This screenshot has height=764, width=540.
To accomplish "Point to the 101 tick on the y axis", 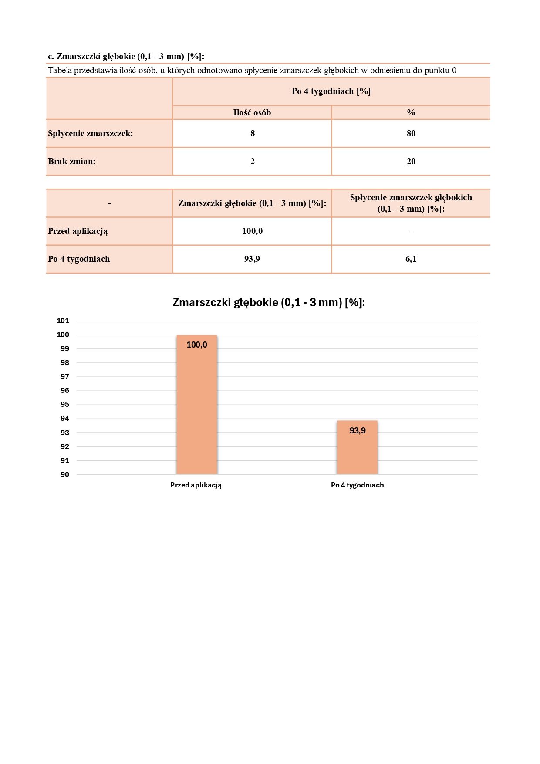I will pos(63,321).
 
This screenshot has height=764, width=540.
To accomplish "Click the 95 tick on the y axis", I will pos(64,405).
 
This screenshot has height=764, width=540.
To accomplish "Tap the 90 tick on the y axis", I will pos(64,474).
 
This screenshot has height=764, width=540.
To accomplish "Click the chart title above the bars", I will pos(269,302).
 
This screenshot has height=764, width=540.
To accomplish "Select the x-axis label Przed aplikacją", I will pos(196,485).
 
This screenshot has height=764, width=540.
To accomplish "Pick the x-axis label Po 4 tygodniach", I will pos(357,485).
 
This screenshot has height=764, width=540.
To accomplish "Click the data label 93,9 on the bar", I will pos(358,431).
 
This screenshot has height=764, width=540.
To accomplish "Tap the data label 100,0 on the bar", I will pos(197,345).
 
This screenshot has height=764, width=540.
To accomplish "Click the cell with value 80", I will pos(411,133).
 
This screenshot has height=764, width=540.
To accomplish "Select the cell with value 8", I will pos(253,133).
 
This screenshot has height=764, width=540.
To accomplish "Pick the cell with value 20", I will pos(411,161).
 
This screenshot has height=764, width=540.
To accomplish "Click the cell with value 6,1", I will pos(411,259).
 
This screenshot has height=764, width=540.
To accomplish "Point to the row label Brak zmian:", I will pos(72,161).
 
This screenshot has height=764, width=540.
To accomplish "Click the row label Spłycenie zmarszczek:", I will pos(90,133).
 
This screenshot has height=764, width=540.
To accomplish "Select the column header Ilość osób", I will pos(252,112).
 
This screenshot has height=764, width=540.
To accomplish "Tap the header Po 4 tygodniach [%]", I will pos(331,91).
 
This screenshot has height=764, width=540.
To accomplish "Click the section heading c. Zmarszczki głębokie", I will pos(126,56).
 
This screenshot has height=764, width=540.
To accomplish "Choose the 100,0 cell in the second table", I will pos(252,231).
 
